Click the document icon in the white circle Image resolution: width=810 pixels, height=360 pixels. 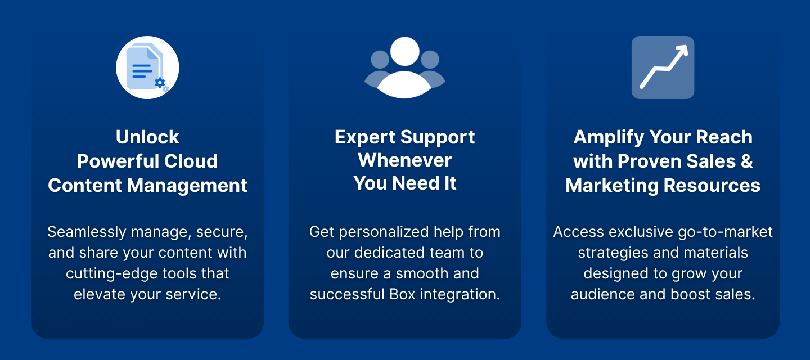[x=145, y=67]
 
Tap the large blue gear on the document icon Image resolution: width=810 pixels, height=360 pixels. [x=160, y=83]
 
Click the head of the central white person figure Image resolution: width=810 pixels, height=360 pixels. [x=404, y=51]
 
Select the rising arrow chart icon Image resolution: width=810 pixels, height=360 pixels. [x=663, y=67]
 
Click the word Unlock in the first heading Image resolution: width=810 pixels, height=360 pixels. [x=147, y=137]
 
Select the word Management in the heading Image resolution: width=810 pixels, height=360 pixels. [x=187, y=186]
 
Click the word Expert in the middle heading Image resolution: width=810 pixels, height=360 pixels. [x=365, y=138]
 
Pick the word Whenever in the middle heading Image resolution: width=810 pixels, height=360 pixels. [x=404, y=160]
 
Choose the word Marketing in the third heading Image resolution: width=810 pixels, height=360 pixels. [x=612, y=186]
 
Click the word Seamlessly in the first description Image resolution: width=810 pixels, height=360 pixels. [x=87, y=232]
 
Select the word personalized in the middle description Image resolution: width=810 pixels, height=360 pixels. [x=384, y=232]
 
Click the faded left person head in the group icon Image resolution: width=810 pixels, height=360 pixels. [x=380, y=59]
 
